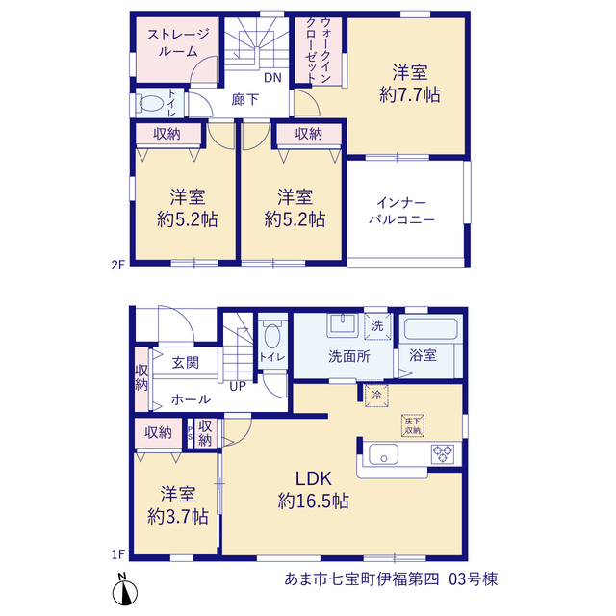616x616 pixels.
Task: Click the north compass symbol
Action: tap(125, 590)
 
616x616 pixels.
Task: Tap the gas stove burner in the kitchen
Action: tap(443, 454)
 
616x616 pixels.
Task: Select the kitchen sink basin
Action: tap(383, 454)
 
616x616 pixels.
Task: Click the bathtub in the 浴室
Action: tap(430, 329)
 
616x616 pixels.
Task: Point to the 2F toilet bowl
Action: tap(151, 103)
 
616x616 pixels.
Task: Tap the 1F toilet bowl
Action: tap(272, 335)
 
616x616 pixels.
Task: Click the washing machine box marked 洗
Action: tap(377, 325)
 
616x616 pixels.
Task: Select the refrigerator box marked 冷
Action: tap(376, 395)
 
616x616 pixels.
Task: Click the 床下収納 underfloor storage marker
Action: tap(413, 425)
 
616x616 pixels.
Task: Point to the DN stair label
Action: tap(272, 77)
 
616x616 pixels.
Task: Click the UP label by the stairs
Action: tap(238, 387)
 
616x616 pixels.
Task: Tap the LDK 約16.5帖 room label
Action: tap(313, 490)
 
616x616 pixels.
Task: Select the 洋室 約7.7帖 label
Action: tap(410, 84)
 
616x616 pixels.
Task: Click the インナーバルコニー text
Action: tap(401, 211)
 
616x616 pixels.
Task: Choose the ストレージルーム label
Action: tap(177, 42)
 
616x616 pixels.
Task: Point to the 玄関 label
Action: tap(186, 363)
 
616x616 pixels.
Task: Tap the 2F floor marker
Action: tap(117, 266)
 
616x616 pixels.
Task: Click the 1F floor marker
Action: tap(117, 554)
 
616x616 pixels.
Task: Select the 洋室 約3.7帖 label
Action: tap(178, 505)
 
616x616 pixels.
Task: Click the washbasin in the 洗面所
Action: tap(343, 325)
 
